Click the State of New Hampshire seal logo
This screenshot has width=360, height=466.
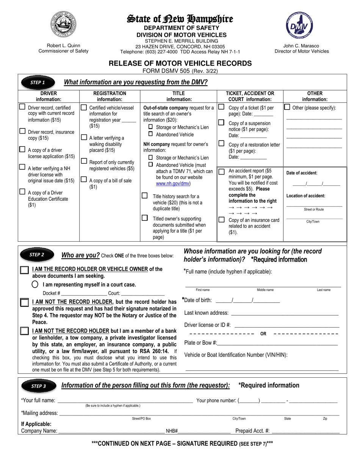(x=63, y=25)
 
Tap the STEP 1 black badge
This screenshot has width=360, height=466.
(x=38, y=82)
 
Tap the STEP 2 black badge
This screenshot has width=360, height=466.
(x=37, y=255)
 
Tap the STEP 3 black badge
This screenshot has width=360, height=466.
(x=38, y=386)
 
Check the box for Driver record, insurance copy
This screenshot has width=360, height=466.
(x=23, y=131)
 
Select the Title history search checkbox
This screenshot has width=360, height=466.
(x=144, y=196)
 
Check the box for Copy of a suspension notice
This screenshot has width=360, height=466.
(x=221, y=122)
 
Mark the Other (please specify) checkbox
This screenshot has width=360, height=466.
(x=287, y=107)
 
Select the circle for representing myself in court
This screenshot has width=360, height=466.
(x=35, y=285)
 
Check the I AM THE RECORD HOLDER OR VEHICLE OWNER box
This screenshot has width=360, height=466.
(x=24, y=270)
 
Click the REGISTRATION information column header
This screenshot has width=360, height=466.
(x=110, y=96)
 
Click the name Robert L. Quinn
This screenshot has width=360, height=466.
(x=63, y=45)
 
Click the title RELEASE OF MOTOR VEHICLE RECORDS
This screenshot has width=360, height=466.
(x=180, y=63)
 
